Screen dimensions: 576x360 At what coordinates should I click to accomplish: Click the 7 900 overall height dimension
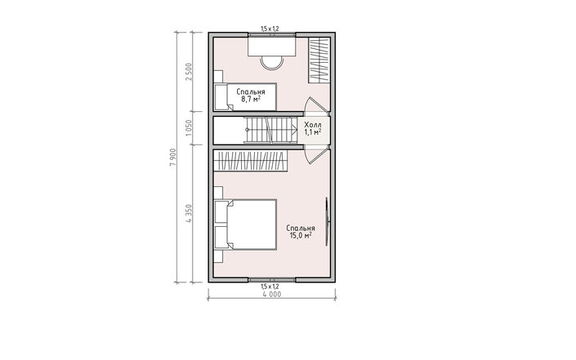pyautogui.click(x=173, y=157)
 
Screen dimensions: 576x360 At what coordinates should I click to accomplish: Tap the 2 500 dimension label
pyautogui.click(x=189, y=73)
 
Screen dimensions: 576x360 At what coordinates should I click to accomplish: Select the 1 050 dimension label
pyautogui.click(x=189, y=127)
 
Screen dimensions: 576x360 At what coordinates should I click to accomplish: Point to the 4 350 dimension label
pyautogui.click(x=189, y=214)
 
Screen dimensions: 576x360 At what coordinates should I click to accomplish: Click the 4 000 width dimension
pyautogui.click(x=272, y=295)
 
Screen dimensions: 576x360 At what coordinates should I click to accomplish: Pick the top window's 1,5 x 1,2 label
pyautogui.click(x=270, y=29)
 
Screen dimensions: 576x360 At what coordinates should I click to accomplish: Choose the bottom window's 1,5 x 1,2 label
pyautogui.click(x=270, y=287)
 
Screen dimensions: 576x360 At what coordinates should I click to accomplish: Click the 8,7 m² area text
pyautogui.click(x=251, y=99)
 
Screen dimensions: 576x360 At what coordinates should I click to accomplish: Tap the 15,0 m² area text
pyautogui.click(x=301, y=236)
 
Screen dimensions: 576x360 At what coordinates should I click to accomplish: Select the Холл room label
pyautogui.click(x=313, y=125)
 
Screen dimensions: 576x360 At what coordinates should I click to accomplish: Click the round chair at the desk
pyautogui.click(x=272, y=63)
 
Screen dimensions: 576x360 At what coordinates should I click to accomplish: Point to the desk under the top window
pyautogui.click(x=272, y=46)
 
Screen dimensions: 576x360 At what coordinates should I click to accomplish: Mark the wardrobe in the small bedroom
pyautogui.click(x=319, y=60)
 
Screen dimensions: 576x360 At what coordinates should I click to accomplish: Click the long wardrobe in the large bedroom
pyautogui.click(x=250, y=161)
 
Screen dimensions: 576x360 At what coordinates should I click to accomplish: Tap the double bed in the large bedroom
pyautogui.click(x=245, y=224)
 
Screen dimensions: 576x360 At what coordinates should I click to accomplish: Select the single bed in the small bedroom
pyautogui.click(x=245, y=97)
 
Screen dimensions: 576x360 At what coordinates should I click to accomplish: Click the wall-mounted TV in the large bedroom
pyautogui.click(x=327, y=221)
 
